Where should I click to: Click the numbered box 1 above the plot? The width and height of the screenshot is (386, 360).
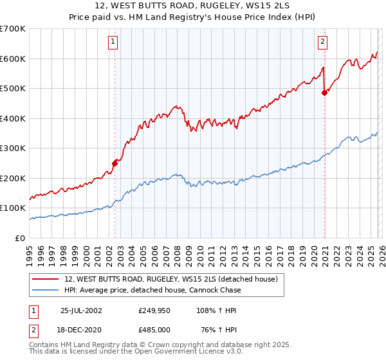[x=113, y=42]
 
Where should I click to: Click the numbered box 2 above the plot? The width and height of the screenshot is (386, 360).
[x=322, y=42]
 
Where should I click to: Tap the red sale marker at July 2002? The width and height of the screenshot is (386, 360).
[x=115, y=163]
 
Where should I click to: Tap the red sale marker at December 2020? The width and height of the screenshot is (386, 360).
[x=324, y=93]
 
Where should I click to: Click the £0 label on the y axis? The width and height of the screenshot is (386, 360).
[x=19, y=238]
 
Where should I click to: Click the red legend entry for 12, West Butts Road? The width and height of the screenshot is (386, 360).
[x=170, y=279]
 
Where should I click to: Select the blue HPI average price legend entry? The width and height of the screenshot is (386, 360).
[x=152, y=290]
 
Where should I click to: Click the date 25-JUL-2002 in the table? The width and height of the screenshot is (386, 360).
[x=86, y=310]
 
